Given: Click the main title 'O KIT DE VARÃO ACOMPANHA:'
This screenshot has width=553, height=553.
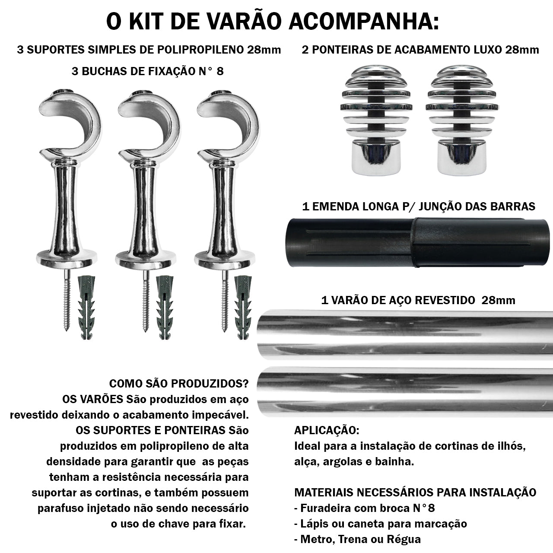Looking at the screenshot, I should (x=272, y=22).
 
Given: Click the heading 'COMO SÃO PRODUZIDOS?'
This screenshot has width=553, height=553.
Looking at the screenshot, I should (x=179, y=384).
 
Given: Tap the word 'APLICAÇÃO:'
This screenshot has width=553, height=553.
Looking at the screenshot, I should (x=326, y=430).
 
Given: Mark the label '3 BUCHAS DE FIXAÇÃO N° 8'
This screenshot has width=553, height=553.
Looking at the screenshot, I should (x=148, y=71).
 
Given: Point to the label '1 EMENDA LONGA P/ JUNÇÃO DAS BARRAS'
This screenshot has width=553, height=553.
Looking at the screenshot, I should (x=418, y=206).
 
